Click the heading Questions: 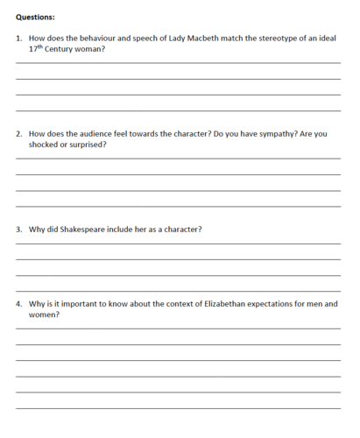[x=35, y=16]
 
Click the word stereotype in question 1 [x=268, y=39]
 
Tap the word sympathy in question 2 [x=278, y=134]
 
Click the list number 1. [x=19, y=39]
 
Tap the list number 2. [x=19, y=134]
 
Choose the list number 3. [x=19, y=230]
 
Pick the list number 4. [x=19, y=304]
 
